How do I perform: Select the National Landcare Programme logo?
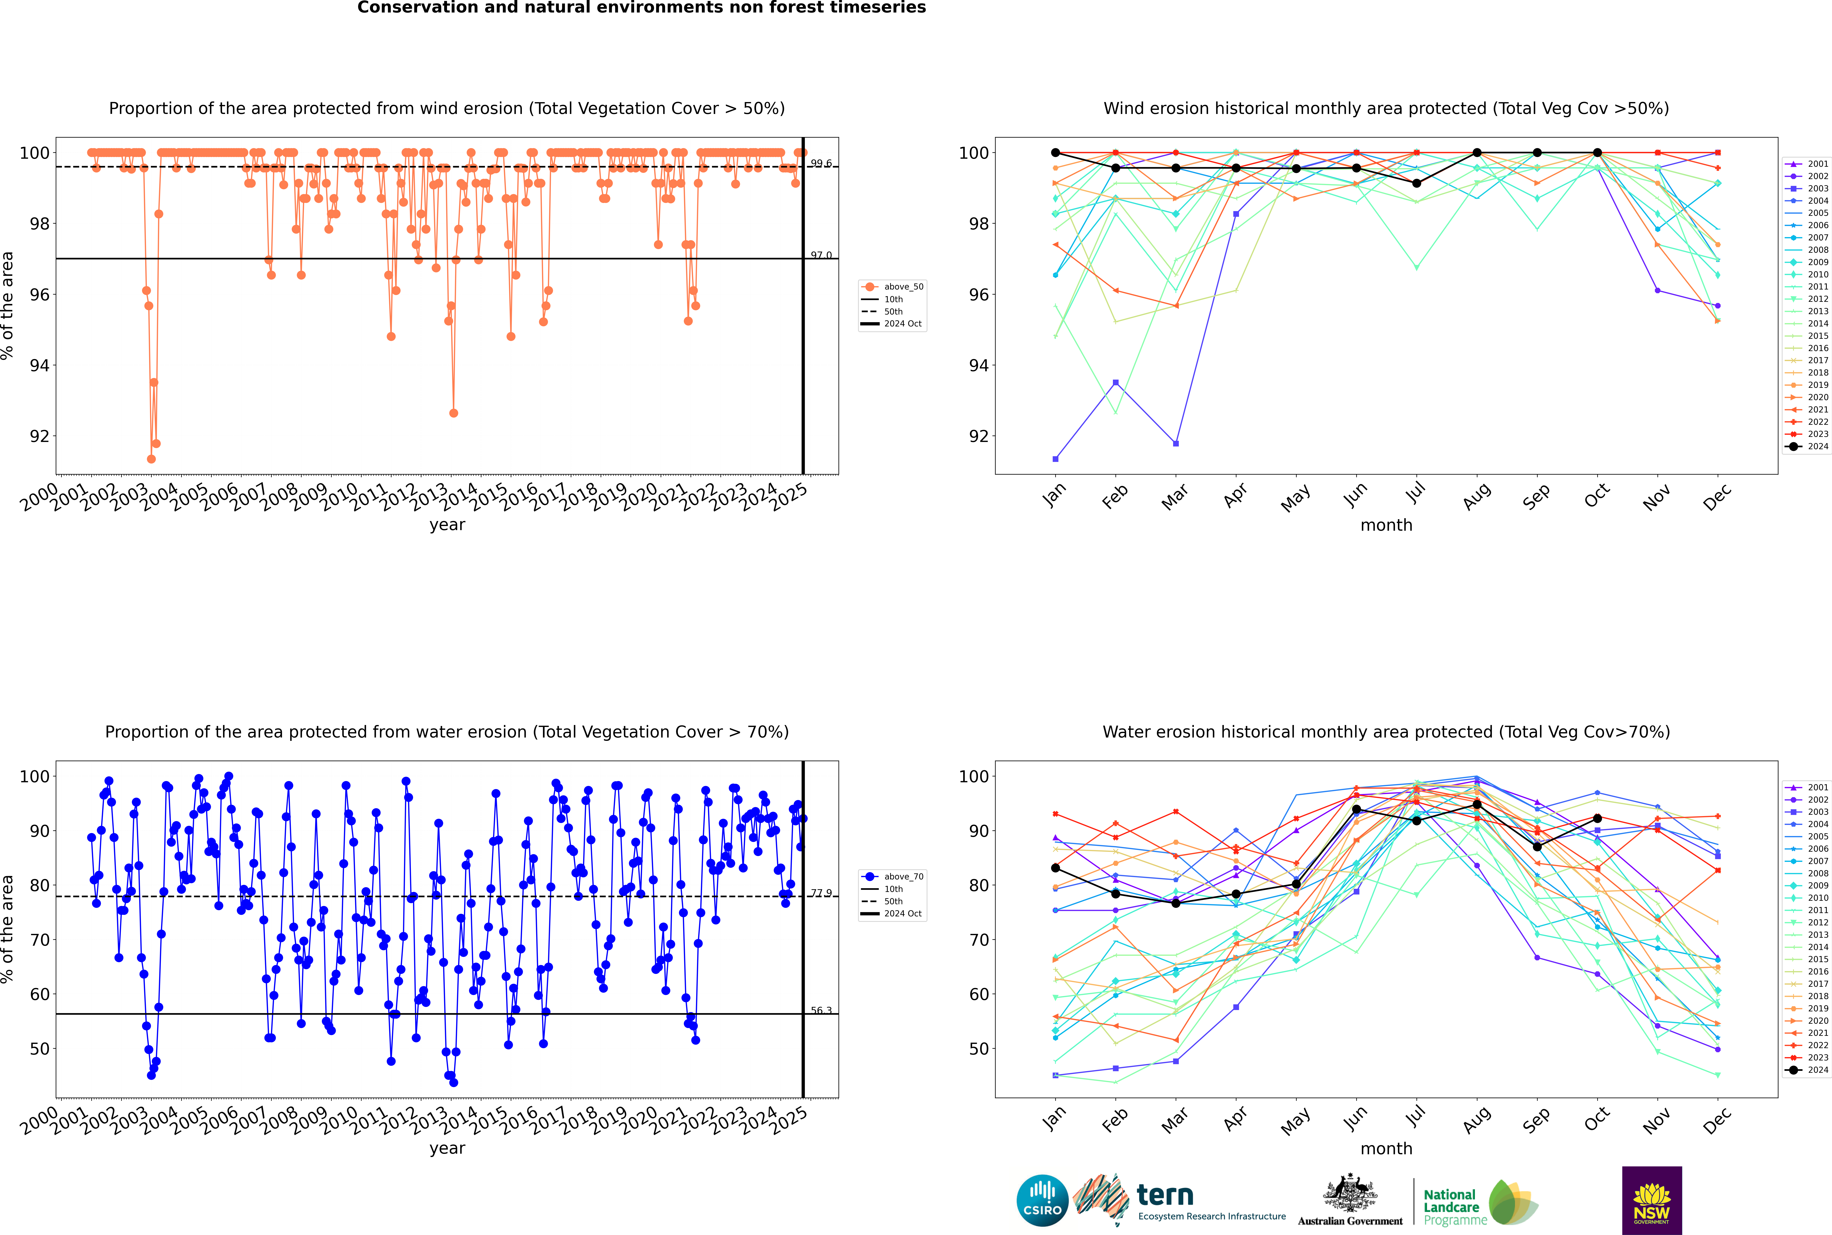coord(1479,1203)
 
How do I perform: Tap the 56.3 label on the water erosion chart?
coord(821,1011)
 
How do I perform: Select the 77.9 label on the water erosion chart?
coord(821,893)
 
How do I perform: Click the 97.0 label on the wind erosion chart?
coord(821,255)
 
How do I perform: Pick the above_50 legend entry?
coord(903,287)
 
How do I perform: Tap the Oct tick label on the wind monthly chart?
coord(1596,496)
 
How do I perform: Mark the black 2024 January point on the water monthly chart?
coord(1055,868)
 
